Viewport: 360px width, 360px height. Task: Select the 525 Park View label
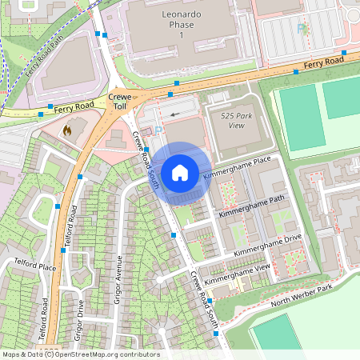[226, 120]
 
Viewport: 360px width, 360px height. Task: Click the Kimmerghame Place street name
[238, 168]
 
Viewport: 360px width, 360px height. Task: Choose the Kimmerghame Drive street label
[267, 246]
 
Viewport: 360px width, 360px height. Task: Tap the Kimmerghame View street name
[238, 274]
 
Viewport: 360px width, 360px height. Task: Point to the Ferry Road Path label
[44, 55]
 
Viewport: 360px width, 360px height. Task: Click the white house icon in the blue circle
[180, 172]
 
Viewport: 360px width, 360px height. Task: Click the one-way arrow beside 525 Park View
[175, 114]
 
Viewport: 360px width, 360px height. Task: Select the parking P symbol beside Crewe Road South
[158, 130]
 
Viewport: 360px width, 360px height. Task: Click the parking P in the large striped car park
[302, 29]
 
